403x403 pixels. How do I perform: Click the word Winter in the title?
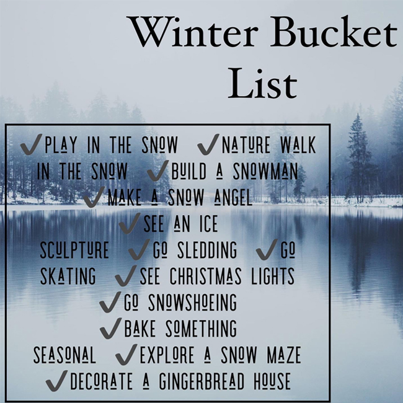tap(193, 32)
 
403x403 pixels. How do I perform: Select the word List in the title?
tap(262, 83)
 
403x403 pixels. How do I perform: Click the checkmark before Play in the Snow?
tap(31, 144)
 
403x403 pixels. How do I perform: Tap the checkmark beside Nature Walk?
tap(208, 144)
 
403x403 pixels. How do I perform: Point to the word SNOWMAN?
tap(265, 171)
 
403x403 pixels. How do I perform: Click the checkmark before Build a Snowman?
tap(158, 170)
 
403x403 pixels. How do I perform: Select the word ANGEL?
tap(233, 197)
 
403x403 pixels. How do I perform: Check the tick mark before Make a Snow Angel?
tap(94, 197)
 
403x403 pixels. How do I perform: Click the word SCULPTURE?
tap(74, 250)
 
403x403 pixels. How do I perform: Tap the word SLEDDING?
tap(207, 250)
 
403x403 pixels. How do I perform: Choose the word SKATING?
tap(68, 277)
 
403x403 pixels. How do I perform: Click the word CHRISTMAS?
tap(206, 277)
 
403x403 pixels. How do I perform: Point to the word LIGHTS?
tap(273, 277)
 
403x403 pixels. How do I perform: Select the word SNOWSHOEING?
tap(192, 303)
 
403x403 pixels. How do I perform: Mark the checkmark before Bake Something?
tap(110, 328)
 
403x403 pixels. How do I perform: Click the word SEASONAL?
tap(64, 355)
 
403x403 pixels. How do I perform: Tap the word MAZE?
tap(284, 355)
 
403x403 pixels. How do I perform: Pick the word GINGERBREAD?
tap(201, 381)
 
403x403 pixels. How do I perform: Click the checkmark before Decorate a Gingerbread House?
tap(56, 381)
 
